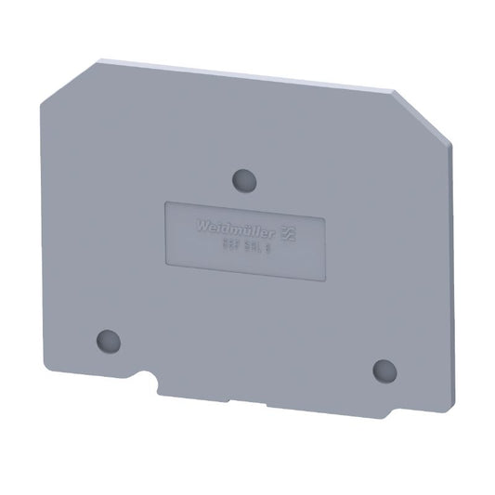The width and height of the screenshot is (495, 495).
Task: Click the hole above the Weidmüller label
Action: [x=244, y=177]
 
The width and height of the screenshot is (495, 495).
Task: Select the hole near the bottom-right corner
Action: [x=384, y=369]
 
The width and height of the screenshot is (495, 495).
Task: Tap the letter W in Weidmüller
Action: [x=199, y=224]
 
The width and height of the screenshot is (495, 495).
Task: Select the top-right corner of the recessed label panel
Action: [x=324, y=219]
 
